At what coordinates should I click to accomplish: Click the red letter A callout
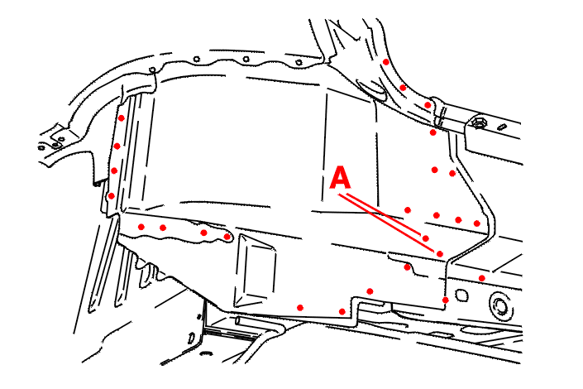pos(340,178)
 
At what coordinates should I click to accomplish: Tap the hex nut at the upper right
pos(477,122)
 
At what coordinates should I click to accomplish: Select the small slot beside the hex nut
pos(502,127)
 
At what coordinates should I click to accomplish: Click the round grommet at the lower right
pos(500,306)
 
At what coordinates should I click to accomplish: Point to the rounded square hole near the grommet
pos(461,295)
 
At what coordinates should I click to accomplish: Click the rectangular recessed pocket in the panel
pos(255,271)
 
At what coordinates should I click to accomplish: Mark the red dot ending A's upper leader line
pos(425,238)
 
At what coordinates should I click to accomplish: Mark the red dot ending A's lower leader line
pos(439,254)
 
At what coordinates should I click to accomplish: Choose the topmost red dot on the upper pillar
pos(386,62)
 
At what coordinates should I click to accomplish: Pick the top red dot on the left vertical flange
pos(122,118)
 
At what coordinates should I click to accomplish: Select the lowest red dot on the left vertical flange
pos(111,196)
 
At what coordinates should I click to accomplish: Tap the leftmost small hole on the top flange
pos(152,70)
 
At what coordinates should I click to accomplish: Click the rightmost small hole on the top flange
pos(299,63)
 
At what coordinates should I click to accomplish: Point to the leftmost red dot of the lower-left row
pos(141,227)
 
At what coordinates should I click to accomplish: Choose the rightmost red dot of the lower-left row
pos(227,237)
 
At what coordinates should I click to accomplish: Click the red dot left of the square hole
pos(445,300)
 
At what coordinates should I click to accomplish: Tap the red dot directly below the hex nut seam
pos(432,132)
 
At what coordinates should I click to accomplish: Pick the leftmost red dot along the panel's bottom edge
pos(300,308)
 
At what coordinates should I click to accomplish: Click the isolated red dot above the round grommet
pos(482,278)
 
